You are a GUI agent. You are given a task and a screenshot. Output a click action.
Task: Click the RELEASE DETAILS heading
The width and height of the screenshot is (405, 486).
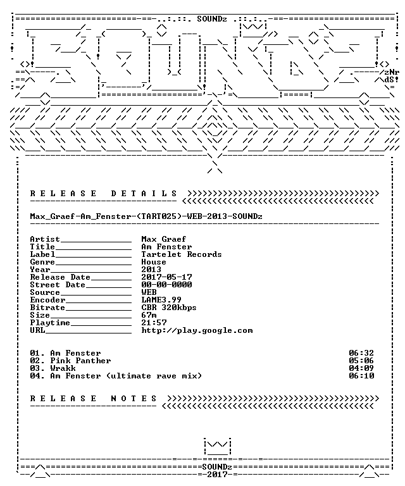[104, 194]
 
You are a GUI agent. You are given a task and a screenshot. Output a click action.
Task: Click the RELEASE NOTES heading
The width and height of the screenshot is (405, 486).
[94, 399]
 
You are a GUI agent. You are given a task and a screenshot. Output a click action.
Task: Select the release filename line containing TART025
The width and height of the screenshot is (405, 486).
[146, 216]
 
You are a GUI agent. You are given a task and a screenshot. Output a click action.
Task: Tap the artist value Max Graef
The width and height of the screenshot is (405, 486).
[164, 239]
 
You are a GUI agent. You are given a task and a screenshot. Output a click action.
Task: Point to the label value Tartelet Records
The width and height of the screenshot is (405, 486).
[182, 254]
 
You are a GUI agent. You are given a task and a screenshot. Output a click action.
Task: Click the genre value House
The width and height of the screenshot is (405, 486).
[154, 262]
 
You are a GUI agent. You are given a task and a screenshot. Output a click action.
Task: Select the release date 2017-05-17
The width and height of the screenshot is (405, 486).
[166, 277]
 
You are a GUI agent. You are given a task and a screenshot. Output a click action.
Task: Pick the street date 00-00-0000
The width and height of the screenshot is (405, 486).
[166, 285]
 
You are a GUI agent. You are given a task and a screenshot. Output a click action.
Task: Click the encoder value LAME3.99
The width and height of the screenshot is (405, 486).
[161, 300]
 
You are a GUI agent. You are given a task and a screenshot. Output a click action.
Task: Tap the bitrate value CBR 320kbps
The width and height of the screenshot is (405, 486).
[169, 308]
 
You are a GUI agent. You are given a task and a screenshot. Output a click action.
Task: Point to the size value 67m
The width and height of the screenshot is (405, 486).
[149, 315]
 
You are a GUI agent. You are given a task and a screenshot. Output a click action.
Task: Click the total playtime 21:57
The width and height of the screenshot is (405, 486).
[154, 323]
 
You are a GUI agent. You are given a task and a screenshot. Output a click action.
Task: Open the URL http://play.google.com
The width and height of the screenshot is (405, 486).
[197, 330]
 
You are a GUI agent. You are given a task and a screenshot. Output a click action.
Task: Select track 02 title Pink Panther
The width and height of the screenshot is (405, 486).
[80, 361]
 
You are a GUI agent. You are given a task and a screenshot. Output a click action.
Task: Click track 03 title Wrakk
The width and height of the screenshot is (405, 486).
[63, 368]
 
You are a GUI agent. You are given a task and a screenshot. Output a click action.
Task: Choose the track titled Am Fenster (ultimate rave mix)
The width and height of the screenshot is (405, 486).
[126, 376]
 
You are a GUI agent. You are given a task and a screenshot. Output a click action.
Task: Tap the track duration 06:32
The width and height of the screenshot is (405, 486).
[361, 353]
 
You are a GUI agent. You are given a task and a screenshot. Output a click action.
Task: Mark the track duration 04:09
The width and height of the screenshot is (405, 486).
[361, 368]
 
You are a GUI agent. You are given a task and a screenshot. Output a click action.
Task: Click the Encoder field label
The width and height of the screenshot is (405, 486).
[47, 300]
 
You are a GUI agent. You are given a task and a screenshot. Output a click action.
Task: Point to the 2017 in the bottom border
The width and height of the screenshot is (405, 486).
[217, 475]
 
